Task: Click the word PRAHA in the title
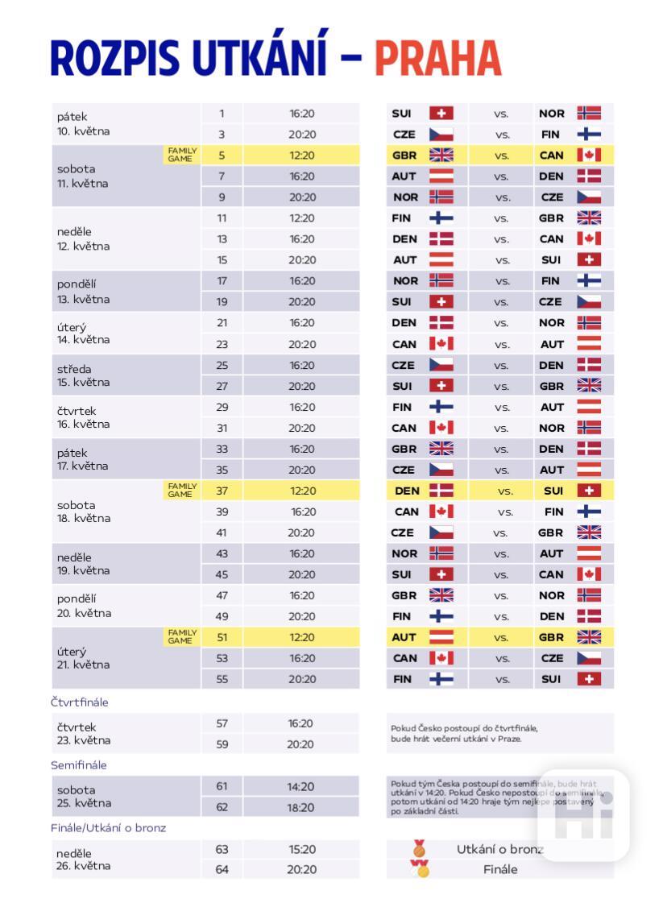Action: tap(437, 57)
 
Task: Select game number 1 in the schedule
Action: tap(222, 114)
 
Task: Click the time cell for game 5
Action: tap(302, 155)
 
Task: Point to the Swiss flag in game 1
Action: tap(441, 114)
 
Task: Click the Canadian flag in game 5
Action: tap(589, 155)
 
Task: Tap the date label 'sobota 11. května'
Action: tap(82, 176)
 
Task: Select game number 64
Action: tap(222, 869)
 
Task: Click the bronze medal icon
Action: tap(419, 848)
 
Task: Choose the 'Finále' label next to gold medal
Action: tap(500, 869)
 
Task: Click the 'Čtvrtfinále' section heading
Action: tap(79, 702)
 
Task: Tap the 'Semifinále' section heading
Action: tap(78, 765)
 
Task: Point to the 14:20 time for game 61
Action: tap(301, 786)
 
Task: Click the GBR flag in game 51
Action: tap(589, 637)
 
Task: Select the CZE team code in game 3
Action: tap(404, 135)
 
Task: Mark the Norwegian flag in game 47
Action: tap(589, 595)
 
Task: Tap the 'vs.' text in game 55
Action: tap(503, 679)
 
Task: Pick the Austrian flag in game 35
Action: tap(589, 470)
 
